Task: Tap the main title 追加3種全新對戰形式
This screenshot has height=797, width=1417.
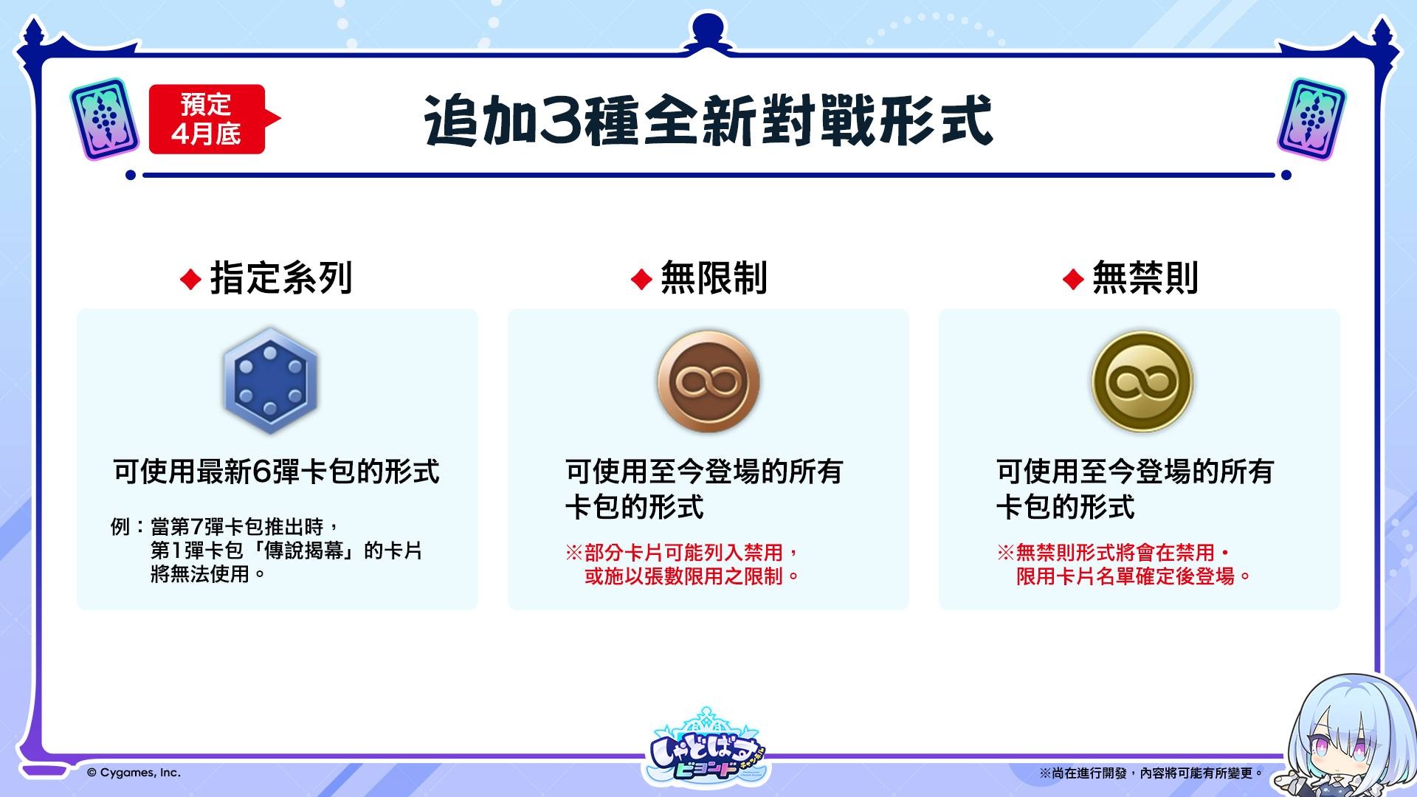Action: tap(708, 120)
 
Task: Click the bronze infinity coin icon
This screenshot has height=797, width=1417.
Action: tap(708, 382)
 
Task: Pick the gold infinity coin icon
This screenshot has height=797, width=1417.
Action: tap(1142, 382)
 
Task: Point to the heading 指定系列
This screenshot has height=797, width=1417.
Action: tap(281, 278)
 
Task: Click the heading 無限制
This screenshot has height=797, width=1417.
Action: tap(714, 278)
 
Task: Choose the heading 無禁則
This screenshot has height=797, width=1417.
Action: tap(1145, 278)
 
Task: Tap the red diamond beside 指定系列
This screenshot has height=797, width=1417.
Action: tap(190, 280)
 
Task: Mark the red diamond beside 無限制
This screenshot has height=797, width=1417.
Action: tap(641, 280)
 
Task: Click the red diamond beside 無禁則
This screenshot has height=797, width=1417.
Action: tap(1072, 280)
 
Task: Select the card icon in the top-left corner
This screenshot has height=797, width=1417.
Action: tap(105, 119)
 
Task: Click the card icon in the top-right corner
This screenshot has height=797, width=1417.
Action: tap(1311, 119)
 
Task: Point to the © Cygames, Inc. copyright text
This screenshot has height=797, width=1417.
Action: tap(134, 773)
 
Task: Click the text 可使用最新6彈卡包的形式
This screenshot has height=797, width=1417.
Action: tap(276, 472)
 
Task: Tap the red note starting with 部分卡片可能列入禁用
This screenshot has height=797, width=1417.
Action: tap(683, 565)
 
